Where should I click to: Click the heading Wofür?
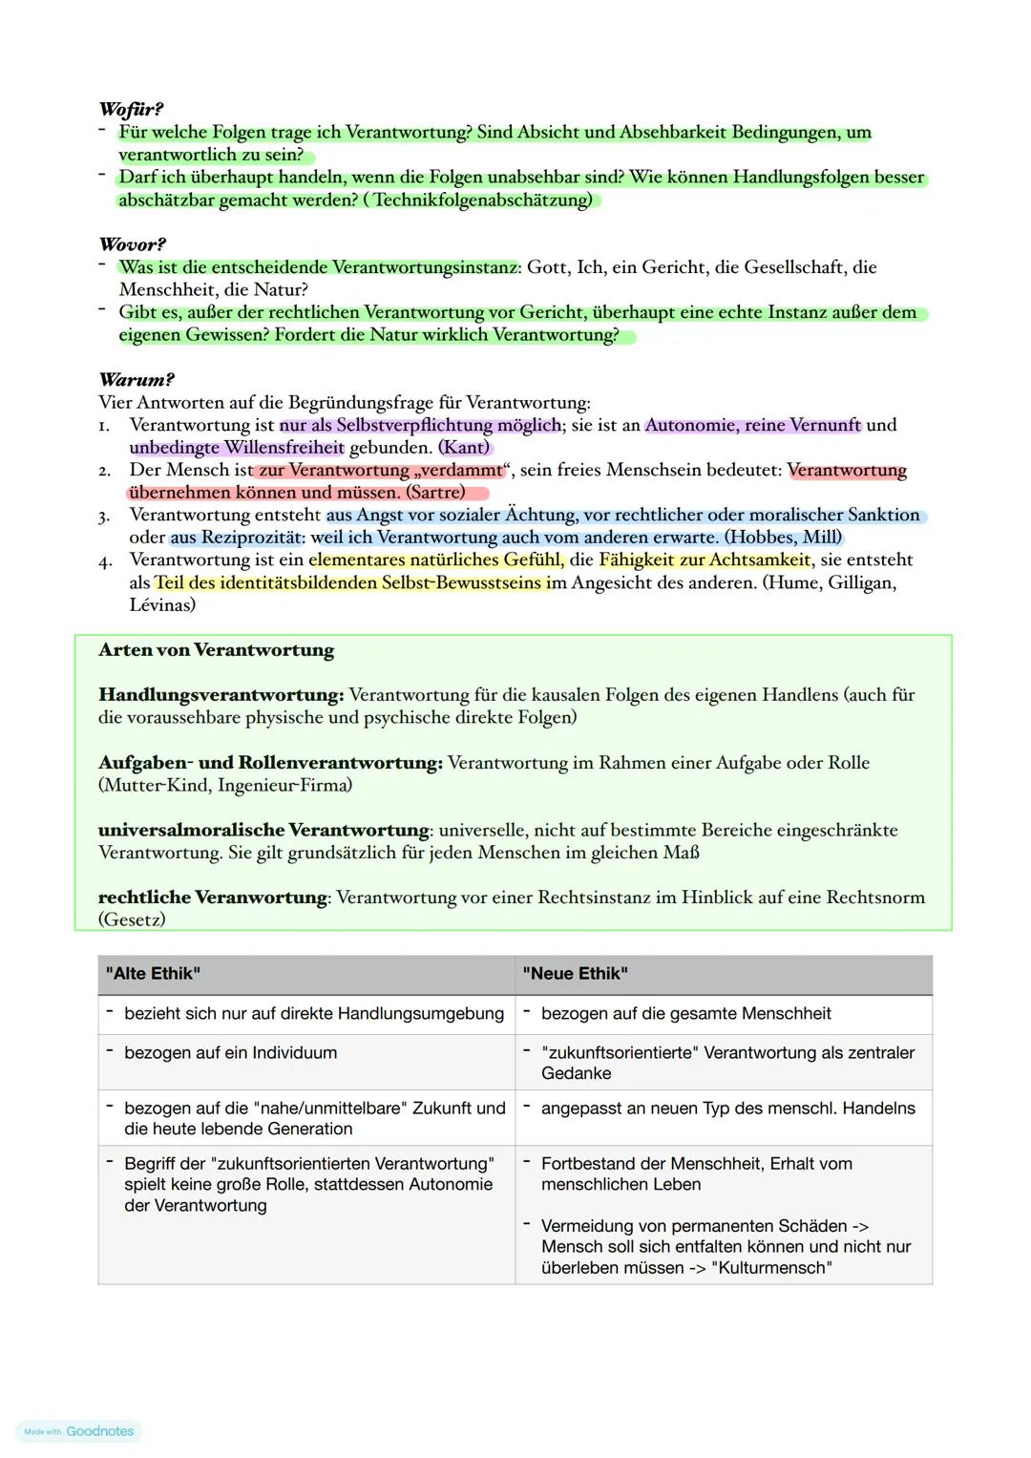pos(131,109)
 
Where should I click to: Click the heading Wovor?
pos(132,244)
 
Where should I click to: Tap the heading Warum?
pos(136,379)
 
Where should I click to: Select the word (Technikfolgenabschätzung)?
pos(482,200)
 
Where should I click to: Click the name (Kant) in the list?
pos(464,447)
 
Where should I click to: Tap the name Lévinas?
pos(162,605)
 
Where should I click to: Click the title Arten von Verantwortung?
pos(216,650)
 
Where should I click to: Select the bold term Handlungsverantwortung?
pos(221,695)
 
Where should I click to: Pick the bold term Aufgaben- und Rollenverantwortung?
pos(270,763)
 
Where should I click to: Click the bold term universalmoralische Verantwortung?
pos(263,830)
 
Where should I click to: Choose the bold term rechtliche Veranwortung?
pos(213,898)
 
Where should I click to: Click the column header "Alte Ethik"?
pos(153,974)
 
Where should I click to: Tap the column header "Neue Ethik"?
pos(575,974)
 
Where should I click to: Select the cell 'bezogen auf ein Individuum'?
pos(230,1053)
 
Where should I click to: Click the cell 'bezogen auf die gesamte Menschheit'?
pos(685,1014)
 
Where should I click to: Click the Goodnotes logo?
pos(79,1431)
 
